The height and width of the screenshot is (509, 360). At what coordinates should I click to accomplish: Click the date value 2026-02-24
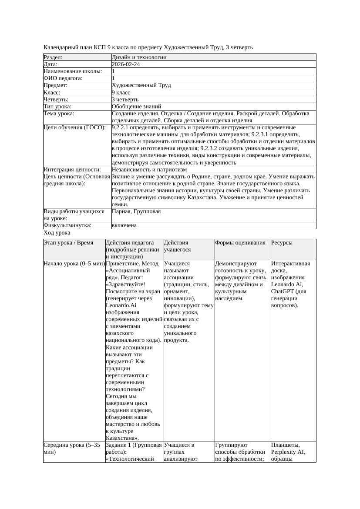pos(126,64)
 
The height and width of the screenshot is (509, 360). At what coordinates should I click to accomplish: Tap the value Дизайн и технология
pos(138,57)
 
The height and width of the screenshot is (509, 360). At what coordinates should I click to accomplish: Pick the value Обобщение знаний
pos(136,106)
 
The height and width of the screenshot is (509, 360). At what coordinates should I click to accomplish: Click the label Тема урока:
pos(59,114)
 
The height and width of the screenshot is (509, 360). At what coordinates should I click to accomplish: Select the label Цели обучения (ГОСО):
pos(74,127)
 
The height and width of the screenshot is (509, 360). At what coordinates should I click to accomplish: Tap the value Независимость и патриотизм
pos(149,170)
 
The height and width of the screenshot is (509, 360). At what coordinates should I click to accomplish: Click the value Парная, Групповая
pos(136,211)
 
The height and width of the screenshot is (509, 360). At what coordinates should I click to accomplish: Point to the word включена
pos(124,225)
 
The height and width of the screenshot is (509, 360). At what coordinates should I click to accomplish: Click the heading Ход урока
pos(57,233)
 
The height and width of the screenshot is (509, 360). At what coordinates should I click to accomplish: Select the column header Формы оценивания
pos(240,243)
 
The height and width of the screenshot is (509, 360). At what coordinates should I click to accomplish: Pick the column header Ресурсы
pos(282,243)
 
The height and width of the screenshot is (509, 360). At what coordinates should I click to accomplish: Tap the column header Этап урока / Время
pos(68,243)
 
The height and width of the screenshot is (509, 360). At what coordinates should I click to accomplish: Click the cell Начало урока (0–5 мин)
pos(74,264)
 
